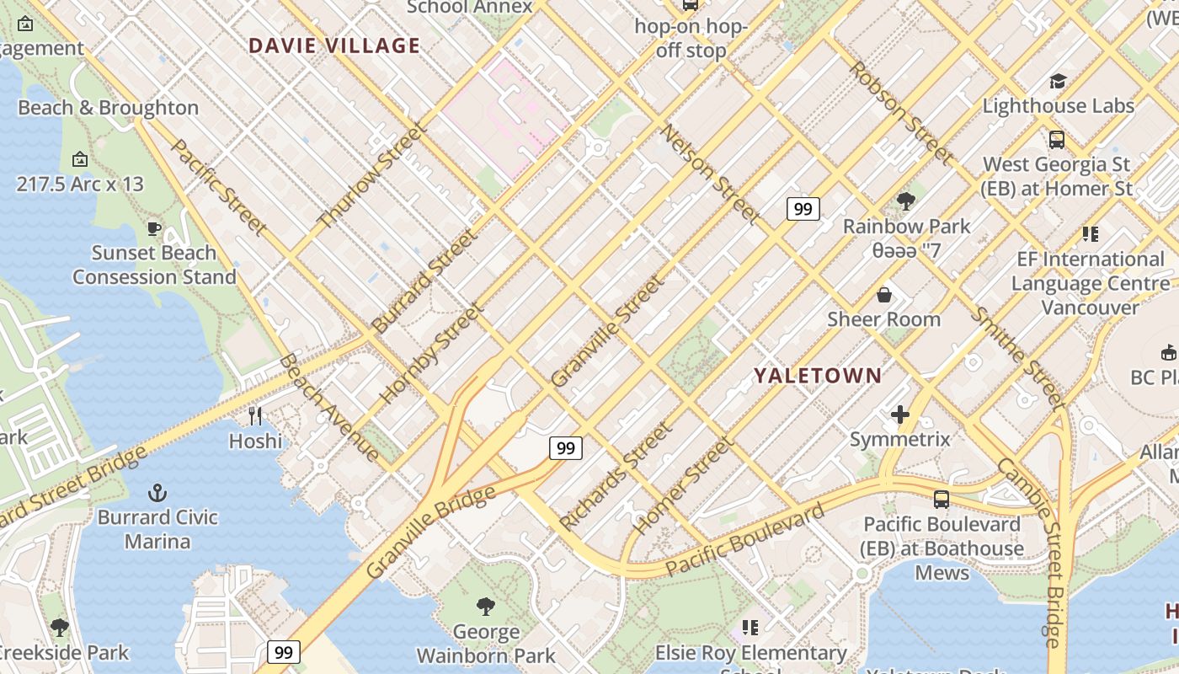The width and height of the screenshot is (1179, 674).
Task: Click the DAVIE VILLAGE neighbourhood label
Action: pyautogui.click(x=334, y=45)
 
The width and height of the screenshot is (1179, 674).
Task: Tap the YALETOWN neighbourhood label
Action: pyautogui.click(x=818, y=376)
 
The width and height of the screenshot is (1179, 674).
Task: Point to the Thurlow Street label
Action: pyautogui.click(x=371, y=175)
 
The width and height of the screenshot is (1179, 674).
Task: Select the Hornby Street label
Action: pyautogui.click(x=433, y=353)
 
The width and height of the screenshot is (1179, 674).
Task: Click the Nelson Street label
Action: pyautogui.click(x=710, y=174)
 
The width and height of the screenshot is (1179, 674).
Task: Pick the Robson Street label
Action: pyautogui.click(x=901, y=112)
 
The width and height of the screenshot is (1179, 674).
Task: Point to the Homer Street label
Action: pyautogui.click(x=683, y=485)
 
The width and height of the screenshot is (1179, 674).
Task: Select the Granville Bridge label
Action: pyautogui.click(x=431, y=532)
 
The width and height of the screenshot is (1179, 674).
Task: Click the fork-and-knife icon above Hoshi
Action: pyautogui.click(x=255, y=415)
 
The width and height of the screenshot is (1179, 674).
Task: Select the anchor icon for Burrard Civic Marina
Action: pyautogui.click(x=157, y=492)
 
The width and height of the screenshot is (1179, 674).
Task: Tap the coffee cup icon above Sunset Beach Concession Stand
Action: pyautogui.click(x=154, y=228)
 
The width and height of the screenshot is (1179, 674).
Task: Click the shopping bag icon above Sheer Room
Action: pyautogui.click(x=884, y=295)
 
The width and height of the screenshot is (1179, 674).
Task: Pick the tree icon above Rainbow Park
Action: pyautogui.click(x=906, y=201)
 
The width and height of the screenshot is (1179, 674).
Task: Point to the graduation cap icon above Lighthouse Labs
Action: pyautogui.click(x=1058, y=81)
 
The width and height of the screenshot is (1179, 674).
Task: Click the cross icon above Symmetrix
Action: pyautogui.click(x=900, y=415)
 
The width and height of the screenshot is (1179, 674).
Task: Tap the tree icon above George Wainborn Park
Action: pyautogui.click(x=485, y=606)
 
